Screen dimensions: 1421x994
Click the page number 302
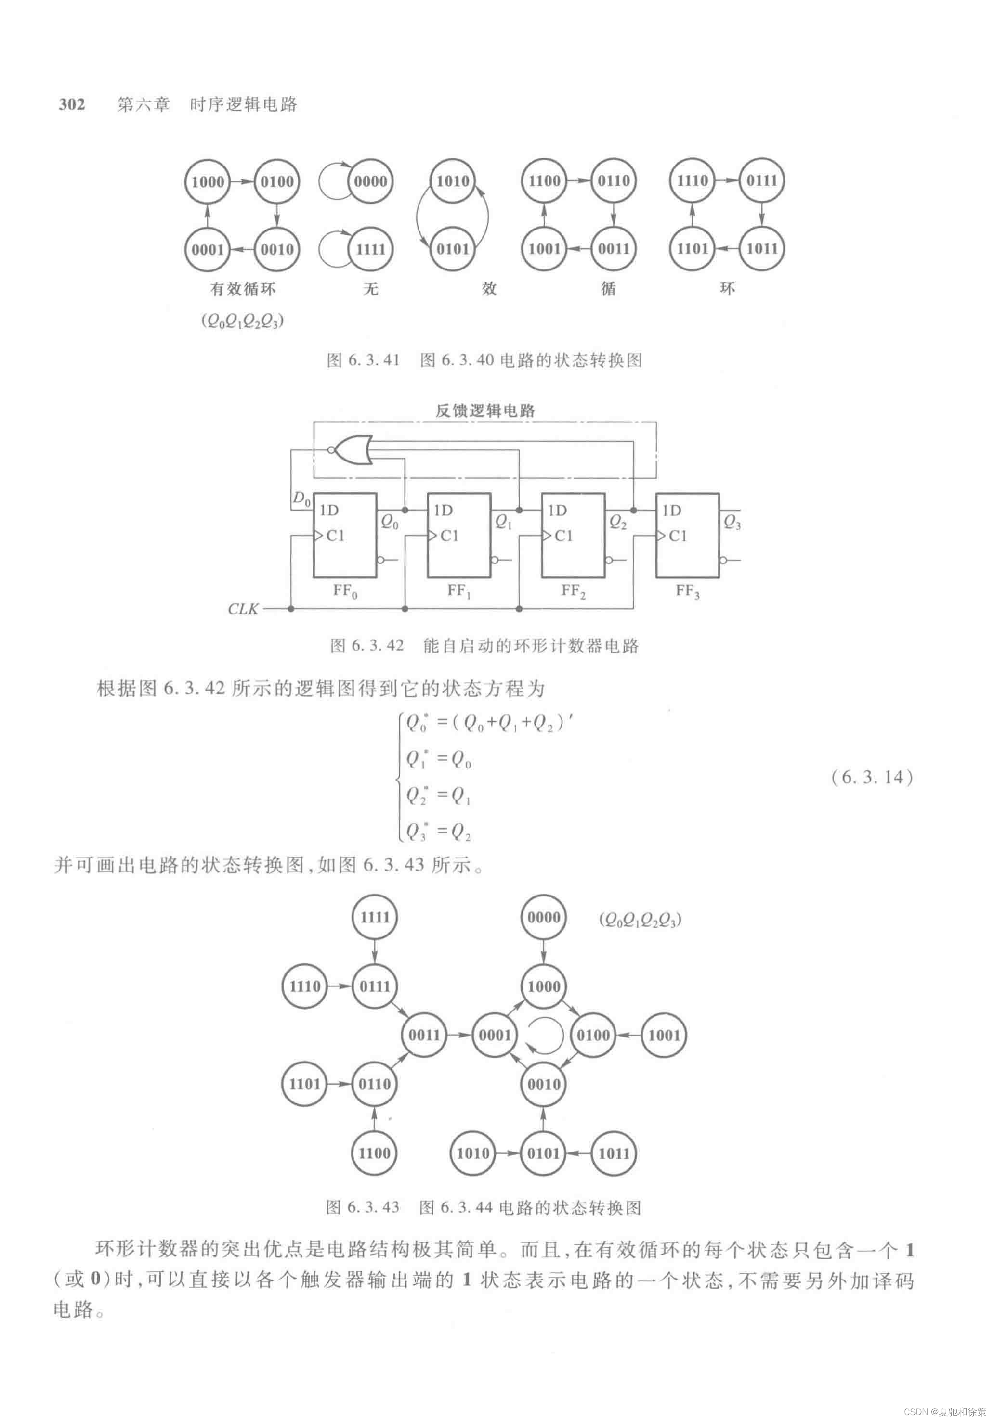[72, 104]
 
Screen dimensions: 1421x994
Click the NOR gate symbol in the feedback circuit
[352, 450]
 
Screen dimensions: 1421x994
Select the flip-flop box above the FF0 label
[345, 536]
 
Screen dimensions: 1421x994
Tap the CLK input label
[243, 609]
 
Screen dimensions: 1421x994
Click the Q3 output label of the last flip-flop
[732, 522]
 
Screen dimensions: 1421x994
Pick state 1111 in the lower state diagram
[375, 917]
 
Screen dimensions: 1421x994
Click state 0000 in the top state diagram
[370, 181]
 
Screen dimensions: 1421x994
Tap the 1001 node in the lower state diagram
[664, 1035]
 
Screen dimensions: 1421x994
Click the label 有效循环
[243, 289]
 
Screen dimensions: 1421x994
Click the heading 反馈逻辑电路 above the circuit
[485, 410]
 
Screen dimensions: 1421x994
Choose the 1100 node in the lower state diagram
[375, 1153]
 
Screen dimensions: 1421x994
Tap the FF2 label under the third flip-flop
[573, 591]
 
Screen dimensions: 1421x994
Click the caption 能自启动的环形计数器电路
[531, 646]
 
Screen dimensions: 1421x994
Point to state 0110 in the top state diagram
[613, 181]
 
